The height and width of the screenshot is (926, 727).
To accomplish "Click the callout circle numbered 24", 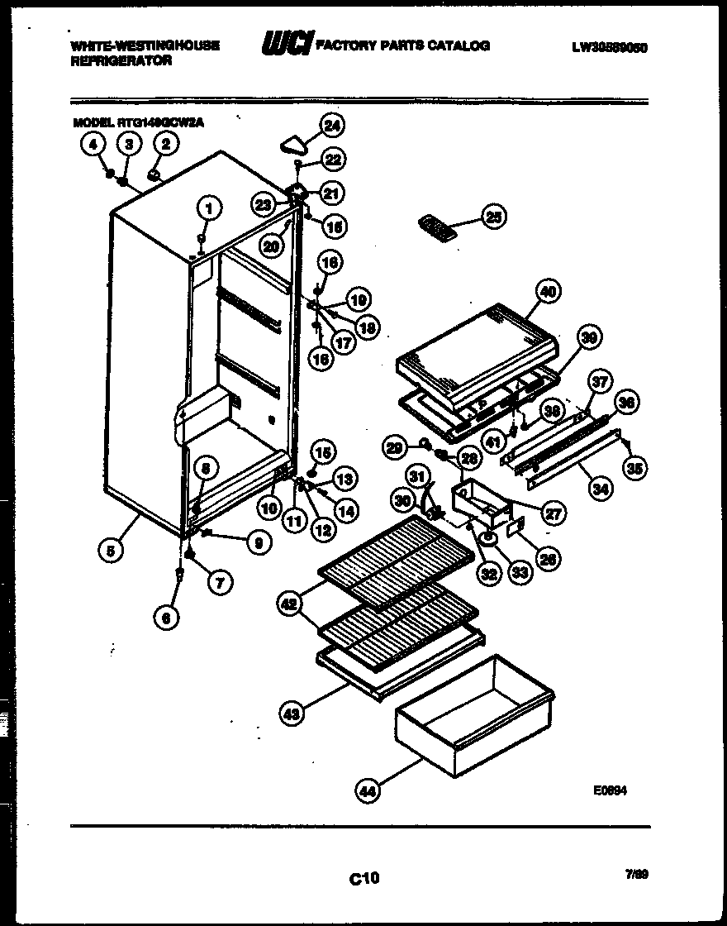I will pos(333,126).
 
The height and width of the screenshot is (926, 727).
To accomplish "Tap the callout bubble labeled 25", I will pos(494,217).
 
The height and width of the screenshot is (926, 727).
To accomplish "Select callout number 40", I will pos(547,290).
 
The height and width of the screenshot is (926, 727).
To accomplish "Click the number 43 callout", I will pos(291,714).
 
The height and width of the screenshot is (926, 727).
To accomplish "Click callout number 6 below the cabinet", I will pos(167,617).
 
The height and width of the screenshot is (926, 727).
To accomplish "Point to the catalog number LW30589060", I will pos(608,47).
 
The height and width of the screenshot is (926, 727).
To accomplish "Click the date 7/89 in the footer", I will pos(636,873).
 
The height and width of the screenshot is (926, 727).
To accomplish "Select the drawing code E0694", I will pos(611,790).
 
